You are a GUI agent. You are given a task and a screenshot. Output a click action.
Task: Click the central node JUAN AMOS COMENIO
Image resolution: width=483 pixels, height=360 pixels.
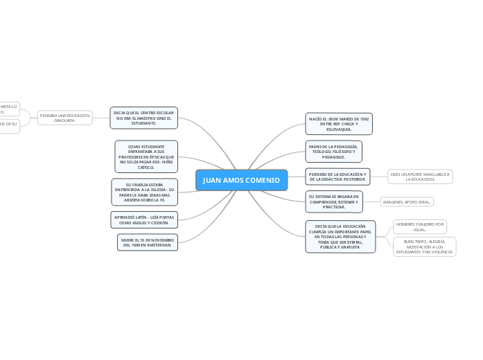click(241, 180)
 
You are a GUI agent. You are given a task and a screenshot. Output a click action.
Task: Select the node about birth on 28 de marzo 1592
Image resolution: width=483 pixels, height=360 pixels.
click(339, 123)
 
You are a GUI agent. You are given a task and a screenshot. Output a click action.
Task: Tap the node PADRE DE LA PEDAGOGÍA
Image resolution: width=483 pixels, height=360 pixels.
click(333, 152)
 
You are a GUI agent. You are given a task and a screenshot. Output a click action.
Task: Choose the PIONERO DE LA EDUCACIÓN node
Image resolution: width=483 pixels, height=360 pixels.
click(337, 177)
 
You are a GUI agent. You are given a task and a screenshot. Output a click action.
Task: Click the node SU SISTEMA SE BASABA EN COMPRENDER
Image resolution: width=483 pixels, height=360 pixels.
click(334, 201)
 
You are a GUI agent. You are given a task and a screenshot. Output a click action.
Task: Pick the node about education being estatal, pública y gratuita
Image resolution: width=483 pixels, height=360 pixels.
click(340, 237)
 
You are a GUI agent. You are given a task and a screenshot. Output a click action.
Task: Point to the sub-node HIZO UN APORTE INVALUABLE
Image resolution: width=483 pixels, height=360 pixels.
click(420, 177)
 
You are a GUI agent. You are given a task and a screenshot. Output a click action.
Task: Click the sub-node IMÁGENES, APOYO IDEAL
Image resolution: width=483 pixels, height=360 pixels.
click(407, 202)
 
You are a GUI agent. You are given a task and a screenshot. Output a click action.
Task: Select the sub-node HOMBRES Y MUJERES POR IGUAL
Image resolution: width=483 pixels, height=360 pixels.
click(420, 227)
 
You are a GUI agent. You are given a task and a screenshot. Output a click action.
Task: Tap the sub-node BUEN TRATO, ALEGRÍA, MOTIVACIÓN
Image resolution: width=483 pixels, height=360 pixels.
click(424, 247)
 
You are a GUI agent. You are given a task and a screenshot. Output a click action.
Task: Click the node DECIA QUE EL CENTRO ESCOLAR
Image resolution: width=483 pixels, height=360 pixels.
click(143, 117)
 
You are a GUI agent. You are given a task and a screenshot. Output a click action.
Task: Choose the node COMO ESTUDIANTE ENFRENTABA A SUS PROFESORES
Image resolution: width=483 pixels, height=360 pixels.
click(146, 156)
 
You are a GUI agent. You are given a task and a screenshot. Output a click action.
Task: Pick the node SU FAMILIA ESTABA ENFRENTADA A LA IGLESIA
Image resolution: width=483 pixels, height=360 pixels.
click(145, 192)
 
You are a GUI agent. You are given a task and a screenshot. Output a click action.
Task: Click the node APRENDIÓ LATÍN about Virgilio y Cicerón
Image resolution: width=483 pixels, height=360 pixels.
click(144, 219)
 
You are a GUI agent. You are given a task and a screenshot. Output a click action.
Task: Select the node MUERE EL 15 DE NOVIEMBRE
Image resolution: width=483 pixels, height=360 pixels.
click(148, 242)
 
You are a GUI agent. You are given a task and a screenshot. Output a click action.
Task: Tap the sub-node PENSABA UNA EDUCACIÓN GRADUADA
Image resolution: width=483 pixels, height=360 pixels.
click(65, 118)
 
